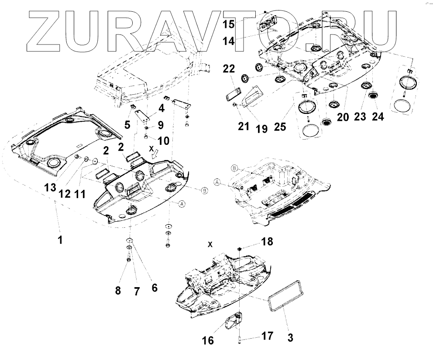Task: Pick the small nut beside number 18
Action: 240,249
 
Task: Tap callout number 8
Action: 117,290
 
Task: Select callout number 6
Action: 154,288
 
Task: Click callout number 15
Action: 229,24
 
